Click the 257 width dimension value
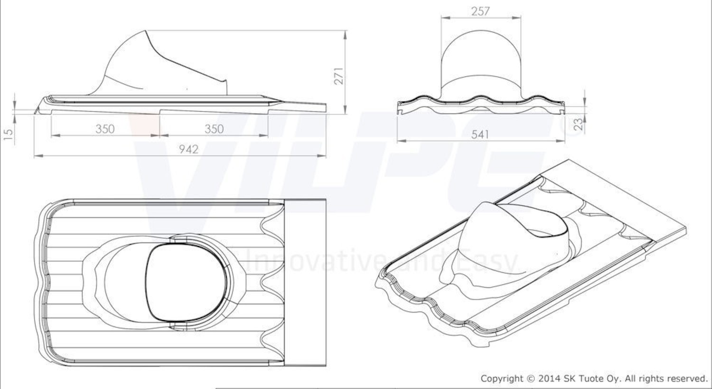coord(480,11)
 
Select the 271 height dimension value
coord(339,76)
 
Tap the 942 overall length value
coord(188,149)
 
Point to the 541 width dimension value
coord(480,134)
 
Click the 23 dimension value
coord(579,124)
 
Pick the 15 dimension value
coord(9,134)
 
